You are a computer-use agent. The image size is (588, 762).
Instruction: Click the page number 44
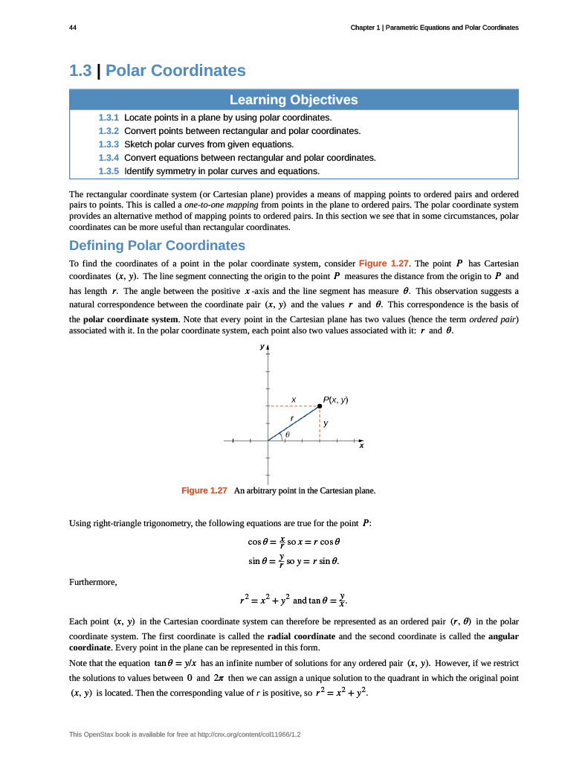72,28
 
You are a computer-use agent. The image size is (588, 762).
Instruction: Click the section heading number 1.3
80,71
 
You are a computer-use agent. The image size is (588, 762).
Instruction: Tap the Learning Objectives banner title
294,100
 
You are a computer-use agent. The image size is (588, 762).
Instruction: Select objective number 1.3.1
109,118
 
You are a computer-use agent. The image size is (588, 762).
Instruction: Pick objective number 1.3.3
109,144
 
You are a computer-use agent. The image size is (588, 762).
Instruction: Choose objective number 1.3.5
109,171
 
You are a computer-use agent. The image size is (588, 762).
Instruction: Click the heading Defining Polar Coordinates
157,246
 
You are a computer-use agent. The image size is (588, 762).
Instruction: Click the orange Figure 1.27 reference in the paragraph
384,263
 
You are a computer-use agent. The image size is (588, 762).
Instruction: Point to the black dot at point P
320,406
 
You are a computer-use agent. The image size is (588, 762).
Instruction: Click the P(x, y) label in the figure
336,400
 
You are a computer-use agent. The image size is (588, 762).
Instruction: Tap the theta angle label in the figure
288,434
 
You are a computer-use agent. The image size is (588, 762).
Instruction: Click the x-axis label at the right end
361,446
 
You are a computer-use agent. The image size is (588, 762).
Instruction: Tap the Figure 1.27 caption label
204,490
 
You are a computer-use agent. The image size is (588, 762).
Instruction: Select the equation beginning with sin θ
298,560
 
